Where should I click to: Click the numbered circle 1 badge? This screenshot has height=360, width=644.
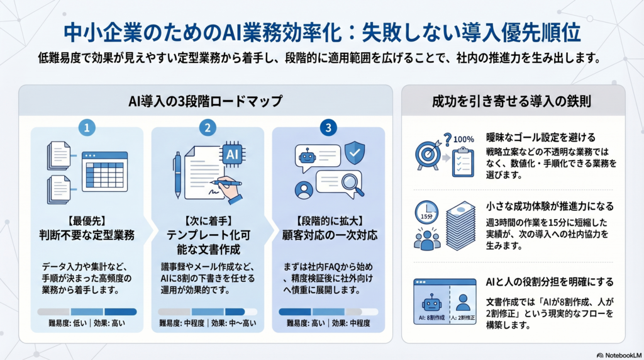[x=87, y=128]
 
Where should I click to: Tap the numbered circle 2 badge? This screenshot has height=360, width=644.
[x=208, y=128]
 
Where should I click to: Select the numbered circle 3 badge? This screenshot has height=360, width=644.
[x=328, y=128]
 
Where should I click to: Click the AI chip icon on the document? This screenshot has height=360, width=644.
[x=233, y=154]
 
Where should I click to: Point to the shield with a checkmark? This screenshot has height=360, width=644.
[x=355, y=152]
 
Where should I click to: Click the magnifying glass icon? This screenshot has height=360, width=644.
[x=352, y=184]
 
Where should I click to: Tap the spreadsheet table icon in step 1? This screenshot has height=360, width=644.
[x=105, y=171]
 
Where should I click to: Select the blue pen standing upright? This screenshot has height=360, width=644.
[x=177, y=175]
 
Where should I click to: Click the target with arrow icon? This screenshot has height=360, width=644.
[x=428, y=154]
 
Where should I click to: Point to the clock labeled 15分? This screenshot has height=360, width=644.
[x=426, y=212]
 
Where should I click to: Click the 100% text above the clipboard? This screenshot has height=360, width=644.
[x=464, y=139]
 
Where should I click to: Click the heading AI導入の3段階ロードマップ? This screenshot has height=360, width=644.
[x=206, y=101]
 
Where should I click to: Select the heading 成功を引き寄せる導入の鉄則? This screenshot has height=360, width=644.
[x=511, y=101]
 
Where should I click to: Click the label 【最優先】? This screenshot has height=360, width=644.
[x=87, y=221]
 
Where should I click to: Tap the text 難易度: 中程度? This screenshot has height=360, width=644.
[x=182, y=323]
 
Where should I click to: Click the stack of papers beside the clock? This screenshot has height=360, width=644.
[x=461, y=225]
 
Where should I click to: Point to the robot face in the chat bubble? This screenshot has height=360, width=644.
[x=307, y=156]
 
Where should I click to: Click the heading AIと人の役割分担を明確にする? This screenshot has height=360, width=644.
[x=550, y=282]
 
